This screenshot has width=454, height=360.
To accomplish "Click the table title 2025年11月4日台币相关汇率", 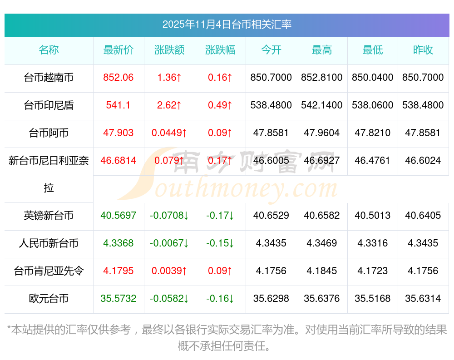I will click(x=227, y=25).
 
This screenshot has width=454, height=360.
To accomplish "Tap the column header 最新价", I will click(x=118, y=50).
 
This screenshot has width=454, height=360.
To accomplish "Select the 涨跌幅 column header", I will click(x=220, y=50).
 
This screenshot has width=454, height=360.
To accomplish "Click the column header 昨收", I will click(x=423, y=50).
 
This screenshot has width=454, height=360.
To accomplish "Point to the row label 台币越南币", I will click(x=49, y=78).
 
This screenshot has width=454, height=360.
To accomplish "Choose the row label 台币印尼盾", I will click(x=49, y=105).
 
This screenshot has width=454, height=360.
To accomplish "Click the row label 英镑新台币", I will click(x=49, y=216).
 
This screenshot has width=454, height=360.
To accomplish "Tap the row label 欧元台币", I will click(x=49, y=299).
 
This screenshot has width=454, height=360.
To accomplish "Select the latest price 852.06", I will click(x=118, y=78).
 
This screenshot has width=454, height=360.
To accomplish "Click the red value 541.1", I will click(x=118, y=105).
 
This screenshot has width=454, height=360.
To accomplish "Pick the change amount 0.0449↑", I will click(x=169, y=133).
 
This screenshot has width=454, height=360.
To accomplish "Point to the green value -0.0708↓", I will click(x=169, y=216).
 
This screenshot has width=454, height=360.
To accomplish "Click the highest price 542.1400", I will click(x=322, y=105).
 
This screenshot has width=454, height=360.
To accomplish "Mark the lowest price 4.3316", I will click(x=373, y=243).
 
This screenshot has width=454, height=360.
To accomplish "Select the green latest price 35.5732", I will click(x=118, y=299).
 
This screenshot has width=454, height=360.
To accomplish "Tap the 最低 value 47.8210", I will click(x=373, y=133).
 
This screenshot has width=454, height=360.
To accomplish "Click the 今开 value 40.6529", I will click(x=271, y=216).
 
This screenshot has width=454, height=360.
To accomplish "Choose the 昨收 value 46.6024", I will click(x=423, y=161).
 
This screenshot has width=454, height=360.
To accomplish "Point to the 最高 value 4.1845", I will click(x=322, y=271).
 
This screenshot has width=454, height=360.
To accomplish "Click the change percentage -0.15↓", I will click(x=220, y=243).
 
